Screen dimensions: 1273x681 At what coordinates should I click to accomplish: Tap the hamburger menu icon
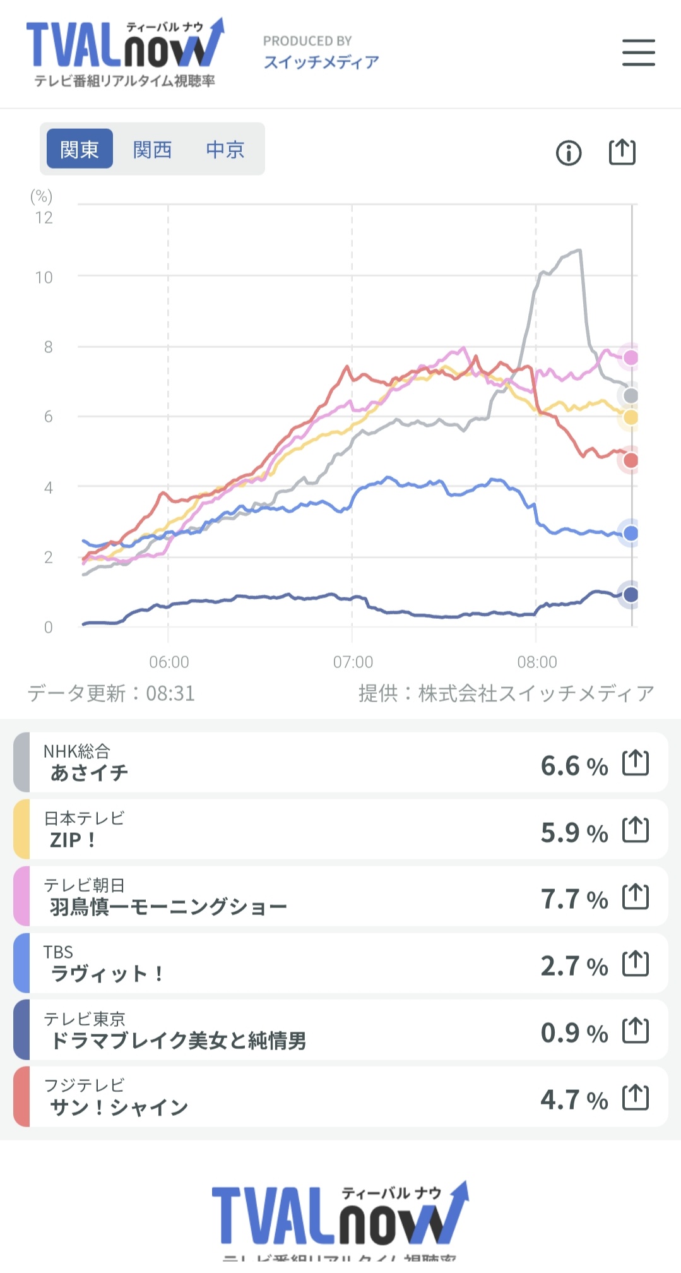pos(638,52)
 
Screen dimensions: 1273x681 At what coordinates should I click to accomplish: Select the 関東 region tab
pos(80,149)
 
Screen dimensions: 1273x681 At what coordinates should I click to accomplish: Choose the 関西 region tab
pos(152,149)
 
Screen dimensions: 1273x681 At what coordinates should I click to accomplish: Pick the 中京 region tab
pos(225,149)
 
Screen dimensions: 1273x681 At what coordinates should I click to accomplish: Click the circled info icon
pos(569,153)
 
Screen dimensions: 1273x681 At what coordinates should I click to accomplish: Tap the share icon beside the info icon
pos(622,152)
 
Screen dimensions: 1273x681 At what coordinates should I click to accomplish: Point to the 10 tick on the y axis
pos(44,277)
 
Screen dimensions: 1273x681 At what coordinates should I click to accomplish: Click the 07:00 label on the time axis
pos(353,662)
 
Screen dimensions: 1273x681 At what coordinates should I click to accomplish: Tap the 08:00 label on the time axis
pos(537,662)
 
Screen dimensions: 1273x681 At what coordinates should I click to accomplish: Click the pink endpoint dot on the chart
pos(631,357)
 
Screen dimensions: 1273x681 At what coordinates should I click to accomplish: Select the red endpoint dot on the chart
pos(631,460)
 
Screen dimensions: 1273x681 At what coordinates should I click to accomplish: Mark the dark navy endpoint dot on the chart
pos(631,594)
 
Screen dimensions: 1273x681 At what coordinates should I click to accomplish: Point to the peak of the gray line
pos(579,251)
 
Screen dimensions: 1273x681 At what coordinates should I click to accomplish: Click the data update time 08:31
pos(170,693)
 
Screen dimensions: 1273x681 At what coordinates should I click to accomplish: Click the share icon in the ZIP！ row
pos(635,830)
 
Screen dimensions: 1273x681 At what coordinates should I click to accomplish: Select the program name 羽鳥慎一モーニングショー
pos(169,907)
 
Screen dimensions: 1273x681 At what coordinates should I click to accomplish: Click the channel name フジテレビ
pos(85,1085)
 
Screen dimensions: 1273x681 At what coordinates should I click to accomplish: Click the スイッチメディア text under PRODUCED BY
pos(321,62)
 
